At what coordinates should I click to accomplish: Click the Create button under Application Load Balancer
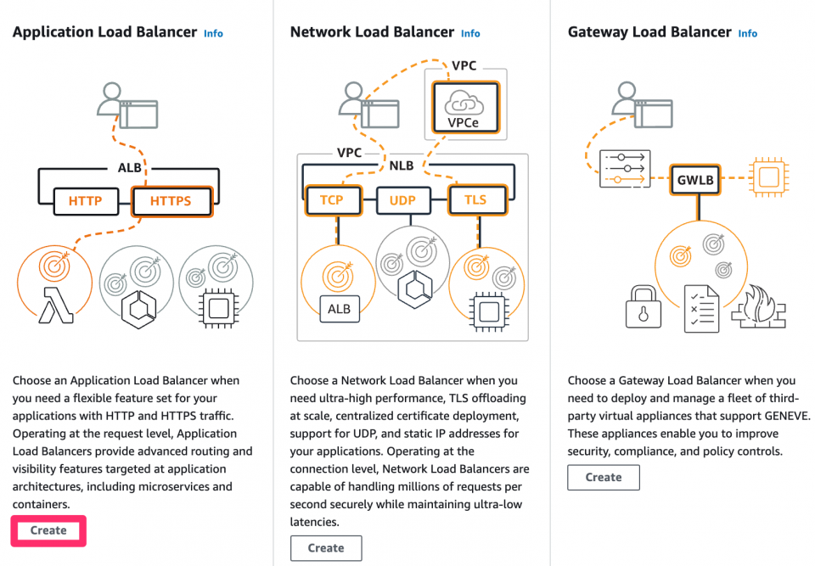pyautogui.click(x=48, y=530)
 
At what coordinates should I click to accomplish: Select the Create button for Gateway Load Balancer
pyautogui.click(x=604, y=477)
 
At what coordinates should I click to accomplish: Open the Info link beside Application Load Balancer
pyautogui.click(x=213, y=34)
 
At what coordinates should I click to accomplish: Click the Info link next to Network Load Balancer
pyautogui.click(x=470, y=34)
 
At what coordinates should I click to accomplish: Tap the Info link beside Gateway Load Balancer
pyautogui.click(x=747, y=34)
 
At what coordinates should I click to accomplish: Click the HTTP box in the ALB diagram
pyautogui.click(x=86, y=201)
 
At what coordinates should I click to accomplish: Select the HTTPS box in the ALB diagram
pyautogui.click(x=172, y=201)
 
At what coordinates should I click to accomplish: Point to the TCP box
pyautogui.click(x=332, y=200)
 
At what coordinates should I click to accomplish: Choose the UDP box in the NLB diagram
pyautogui.click(x=402, y=200)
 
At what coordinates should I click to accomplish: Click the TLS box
pyautogui.click(x=476, y=200)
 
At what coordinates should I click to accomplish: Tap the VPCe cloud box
pyautogui.click(x=465, y=107)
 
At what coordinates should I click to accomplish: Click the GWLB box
pyautogui.click(x=695, y=180)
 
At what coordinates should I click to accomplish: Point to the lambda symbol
pyautogui.click(x=56, y=305)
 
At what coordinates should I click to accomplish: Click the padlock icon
pyautogui.click(x=644, y=306)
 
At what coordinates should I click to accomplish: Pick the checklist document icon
pyautogui.click(x=702, y=308)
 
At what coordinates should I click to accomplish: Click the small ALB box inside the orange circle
pyautogui.click(x=340, y=309)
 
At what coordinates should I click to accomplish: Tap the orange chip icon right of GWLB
pyautogui.click(x=769, y=177)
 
